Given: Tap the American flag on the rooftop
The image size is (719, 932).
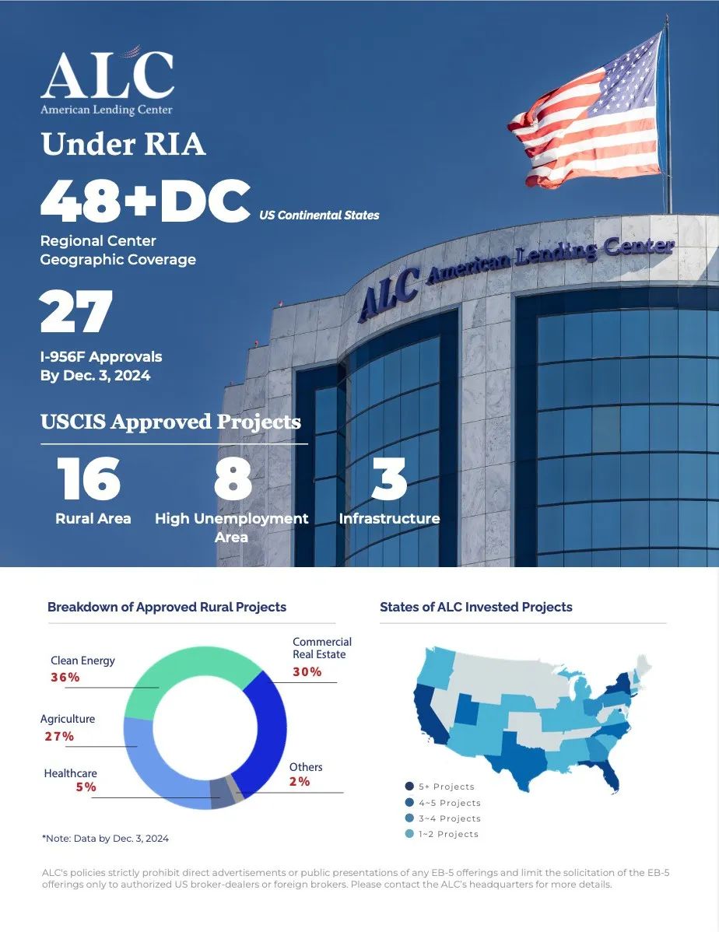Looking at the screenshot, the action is (x=586, y=113).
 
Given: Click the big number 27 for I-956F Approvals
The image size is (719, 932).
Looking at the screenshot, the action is (x=76, y=311).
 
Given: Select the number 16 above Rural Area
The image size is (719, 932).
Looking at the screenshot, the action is (x=89, y=478).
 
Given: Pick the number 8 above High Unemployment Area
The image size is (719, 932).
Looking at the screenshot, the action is (x=233, y=478).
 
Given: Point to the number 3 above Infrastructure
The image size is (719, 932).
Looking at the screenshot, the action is (x=390, y=478).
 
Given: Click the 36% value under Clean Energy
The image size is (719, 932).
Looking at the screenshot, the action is (x=65, y=677).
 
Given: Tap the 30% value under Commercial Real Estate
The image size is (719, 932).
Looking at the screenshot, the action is (x=307, y=671).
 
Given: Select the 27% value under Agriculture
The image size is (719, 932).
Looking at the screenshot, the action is (x=59, y=737).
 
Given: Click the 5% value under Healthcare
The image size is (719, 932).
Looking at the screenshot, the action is (x=86, y=787).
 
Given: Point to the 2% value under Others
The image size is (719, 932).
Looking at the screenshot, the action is (x=300, y=781).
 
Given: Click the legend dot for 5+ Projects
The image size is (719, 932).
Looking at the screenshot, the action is (x=409, y=787).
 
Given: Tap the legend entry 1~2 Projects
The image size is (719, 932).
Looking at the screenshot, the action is (x=441, y=834).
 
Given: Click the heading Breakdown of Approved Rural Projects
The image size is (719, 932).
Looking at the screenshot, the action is (x=167, y=607).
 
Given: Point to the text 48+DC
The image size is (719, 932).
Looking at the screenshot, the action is (x=145, y=201).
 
